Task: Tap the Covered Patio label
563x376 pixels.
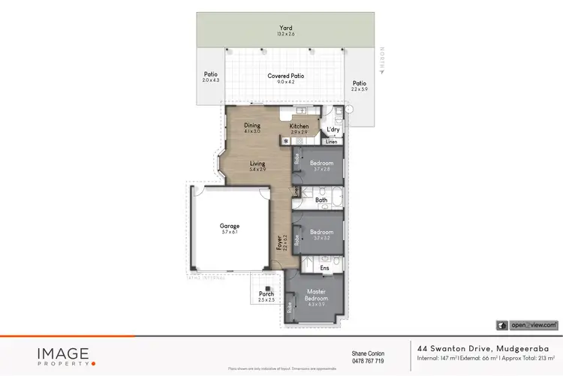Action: (x=285, y=77)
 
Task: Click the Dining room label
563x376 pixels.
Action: (x=251, y=126)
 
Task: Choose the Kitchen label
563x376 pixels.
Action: (x=299, y=126)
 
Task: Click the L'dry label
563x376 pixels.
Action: (x=333, y=130)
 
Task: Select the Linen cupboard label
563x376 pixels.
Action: (x=330, y=141)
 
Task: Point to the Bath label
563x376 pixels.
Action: (x=321, y=200)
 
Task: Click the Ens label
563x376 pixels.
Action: (x=324, y=266)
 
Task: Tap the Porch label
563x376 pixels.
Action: (x=265, y=293)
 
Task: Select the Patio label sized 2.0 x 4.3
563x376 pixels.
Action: (x=210, y=77)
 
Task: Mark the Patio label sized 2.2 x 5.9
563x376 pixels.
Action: (x=360, y=86)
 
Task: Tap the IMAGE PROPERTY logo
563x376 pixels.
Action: (x=64, y=355)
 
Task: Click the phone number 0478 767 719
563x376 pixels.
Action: (x=368, y=361)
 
